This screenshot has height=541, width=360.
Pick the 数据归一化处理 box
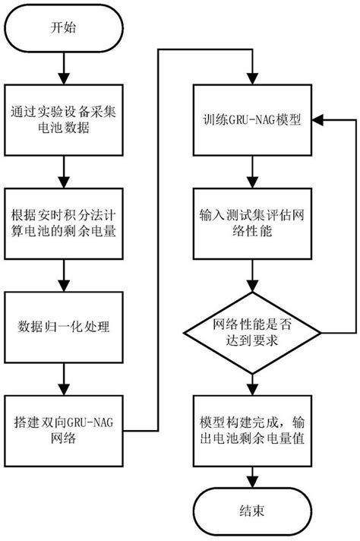tap(64, 327)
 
